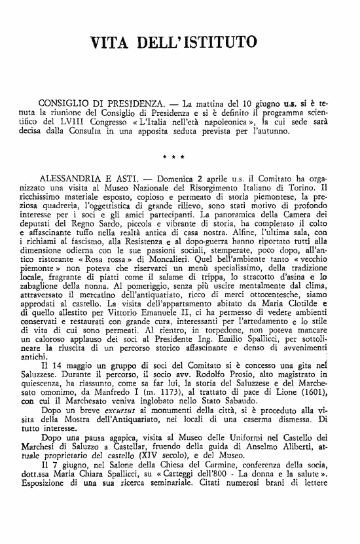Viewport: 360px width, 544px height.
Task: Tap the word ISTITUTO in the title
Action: tap(219, 44)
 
